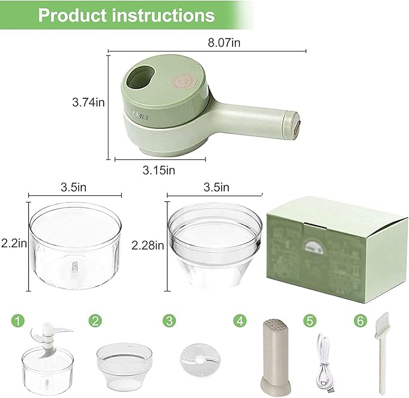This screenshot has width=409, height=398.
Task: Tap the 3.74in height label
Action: (x=89, y=103)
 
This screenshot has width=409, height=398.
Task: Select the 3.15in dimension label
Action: (x=159, y=170)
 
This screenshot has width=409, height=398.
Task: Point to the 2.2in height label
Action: (x=14, y=244)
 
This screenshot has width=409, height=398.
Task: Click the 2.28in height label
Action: (x=148, y=245)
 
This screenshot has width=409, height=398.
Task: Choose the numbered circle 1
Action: (x=21, y=320)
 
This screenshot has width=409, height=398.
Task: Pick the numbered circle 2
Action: (x=95, y=320)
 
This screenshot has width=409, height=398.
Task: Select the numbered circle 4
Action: (x=240, y=320)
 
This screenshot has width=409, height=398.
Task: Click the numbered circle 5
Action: (x=310, y=320)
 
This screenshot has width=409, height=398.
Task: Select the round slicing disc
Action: (x=196, y=362)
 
